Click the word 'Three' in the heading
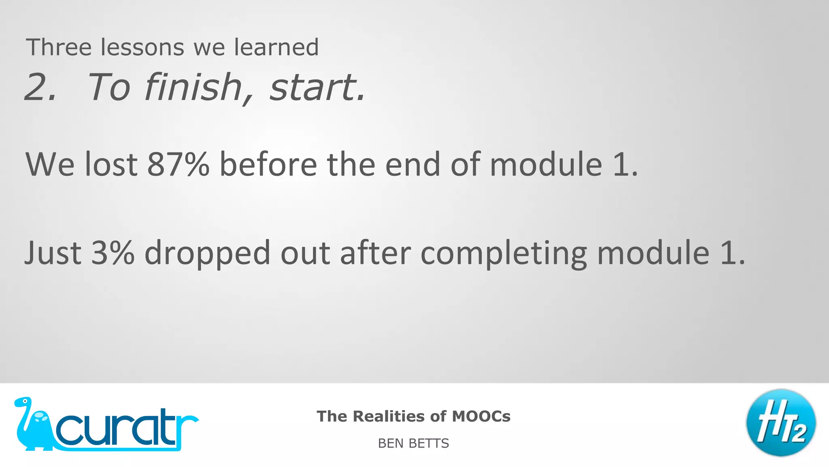(x=59, y=47)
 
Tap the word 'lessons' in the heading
(x=142, y=47)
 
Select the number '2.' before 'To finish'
(x=40, y=87)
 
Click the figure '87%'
(x=178, y=164)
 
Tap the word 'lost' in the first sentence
(x=111, y=164)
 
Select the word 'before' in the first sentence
(x=268, y=164)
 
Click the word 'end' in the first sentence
(x=412, y=164)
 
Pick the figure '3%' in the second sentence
(x=113, y=253)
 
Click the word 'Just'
(x=53, y=253)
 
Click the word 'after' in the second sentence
(x=375, y=253)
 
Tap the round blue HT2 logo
(x=781, y=423)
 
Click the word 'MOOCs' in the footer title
(x=481, y=416)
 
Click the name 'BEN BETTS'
(x=413, y=443)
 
